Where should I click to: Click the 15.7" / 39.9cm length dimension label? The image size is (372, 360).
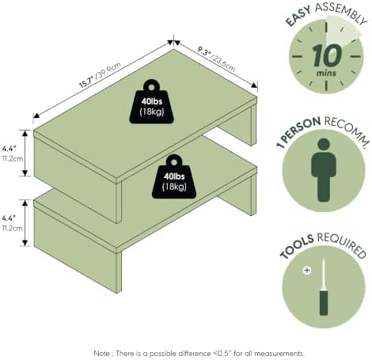[x=100, y=75]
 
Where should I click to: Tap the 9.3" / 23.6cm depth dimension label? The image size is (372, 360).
[x=216, y=59]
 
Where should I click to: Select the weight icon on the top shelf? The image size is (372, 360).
[x=151, y=101]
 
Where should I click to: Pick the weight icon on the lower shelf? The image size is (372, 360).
[x=174, y=176]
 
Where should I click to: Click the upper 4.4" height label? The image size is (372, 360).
[x=9, y=149]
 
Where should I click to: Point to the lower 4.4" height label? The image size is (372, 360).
[x=9, y=218]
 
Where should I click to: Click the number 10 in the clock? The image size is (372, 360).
[x=327, y=55]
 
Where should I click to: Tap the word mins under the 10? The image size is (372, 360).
[x=326, y=73]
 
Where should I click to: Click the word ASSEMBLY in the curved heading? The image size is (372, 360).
[x=341, y=13]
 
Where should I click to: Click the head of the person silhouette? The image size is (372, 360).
[x=324, y=145]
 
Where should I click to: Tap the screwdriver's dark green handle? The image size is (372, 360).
[x=324, y=302]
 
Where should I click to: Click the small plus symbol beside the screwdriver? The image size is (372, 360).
[x=307, y=271]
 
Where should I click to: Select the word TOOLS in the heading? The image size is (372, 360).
[x=297, y=246]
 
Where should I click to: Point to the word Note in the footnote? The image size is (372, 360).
[x=101, y=353]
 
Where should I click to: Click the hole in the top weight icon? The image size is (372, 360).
[x=151, y=87]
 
